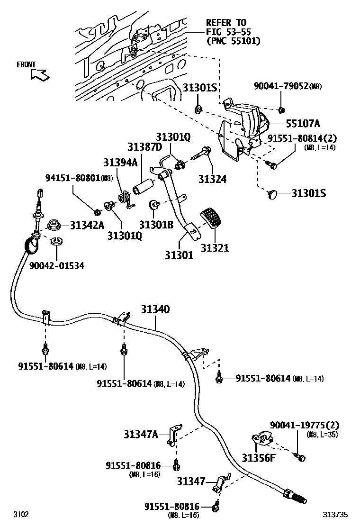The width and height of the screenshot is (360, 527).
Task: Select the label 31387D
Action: point(144,147)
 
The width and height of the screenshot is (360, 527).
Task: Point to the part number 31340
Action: point(155,309)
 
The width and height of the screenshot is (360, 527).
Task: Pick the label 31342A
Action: point(87,225)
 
